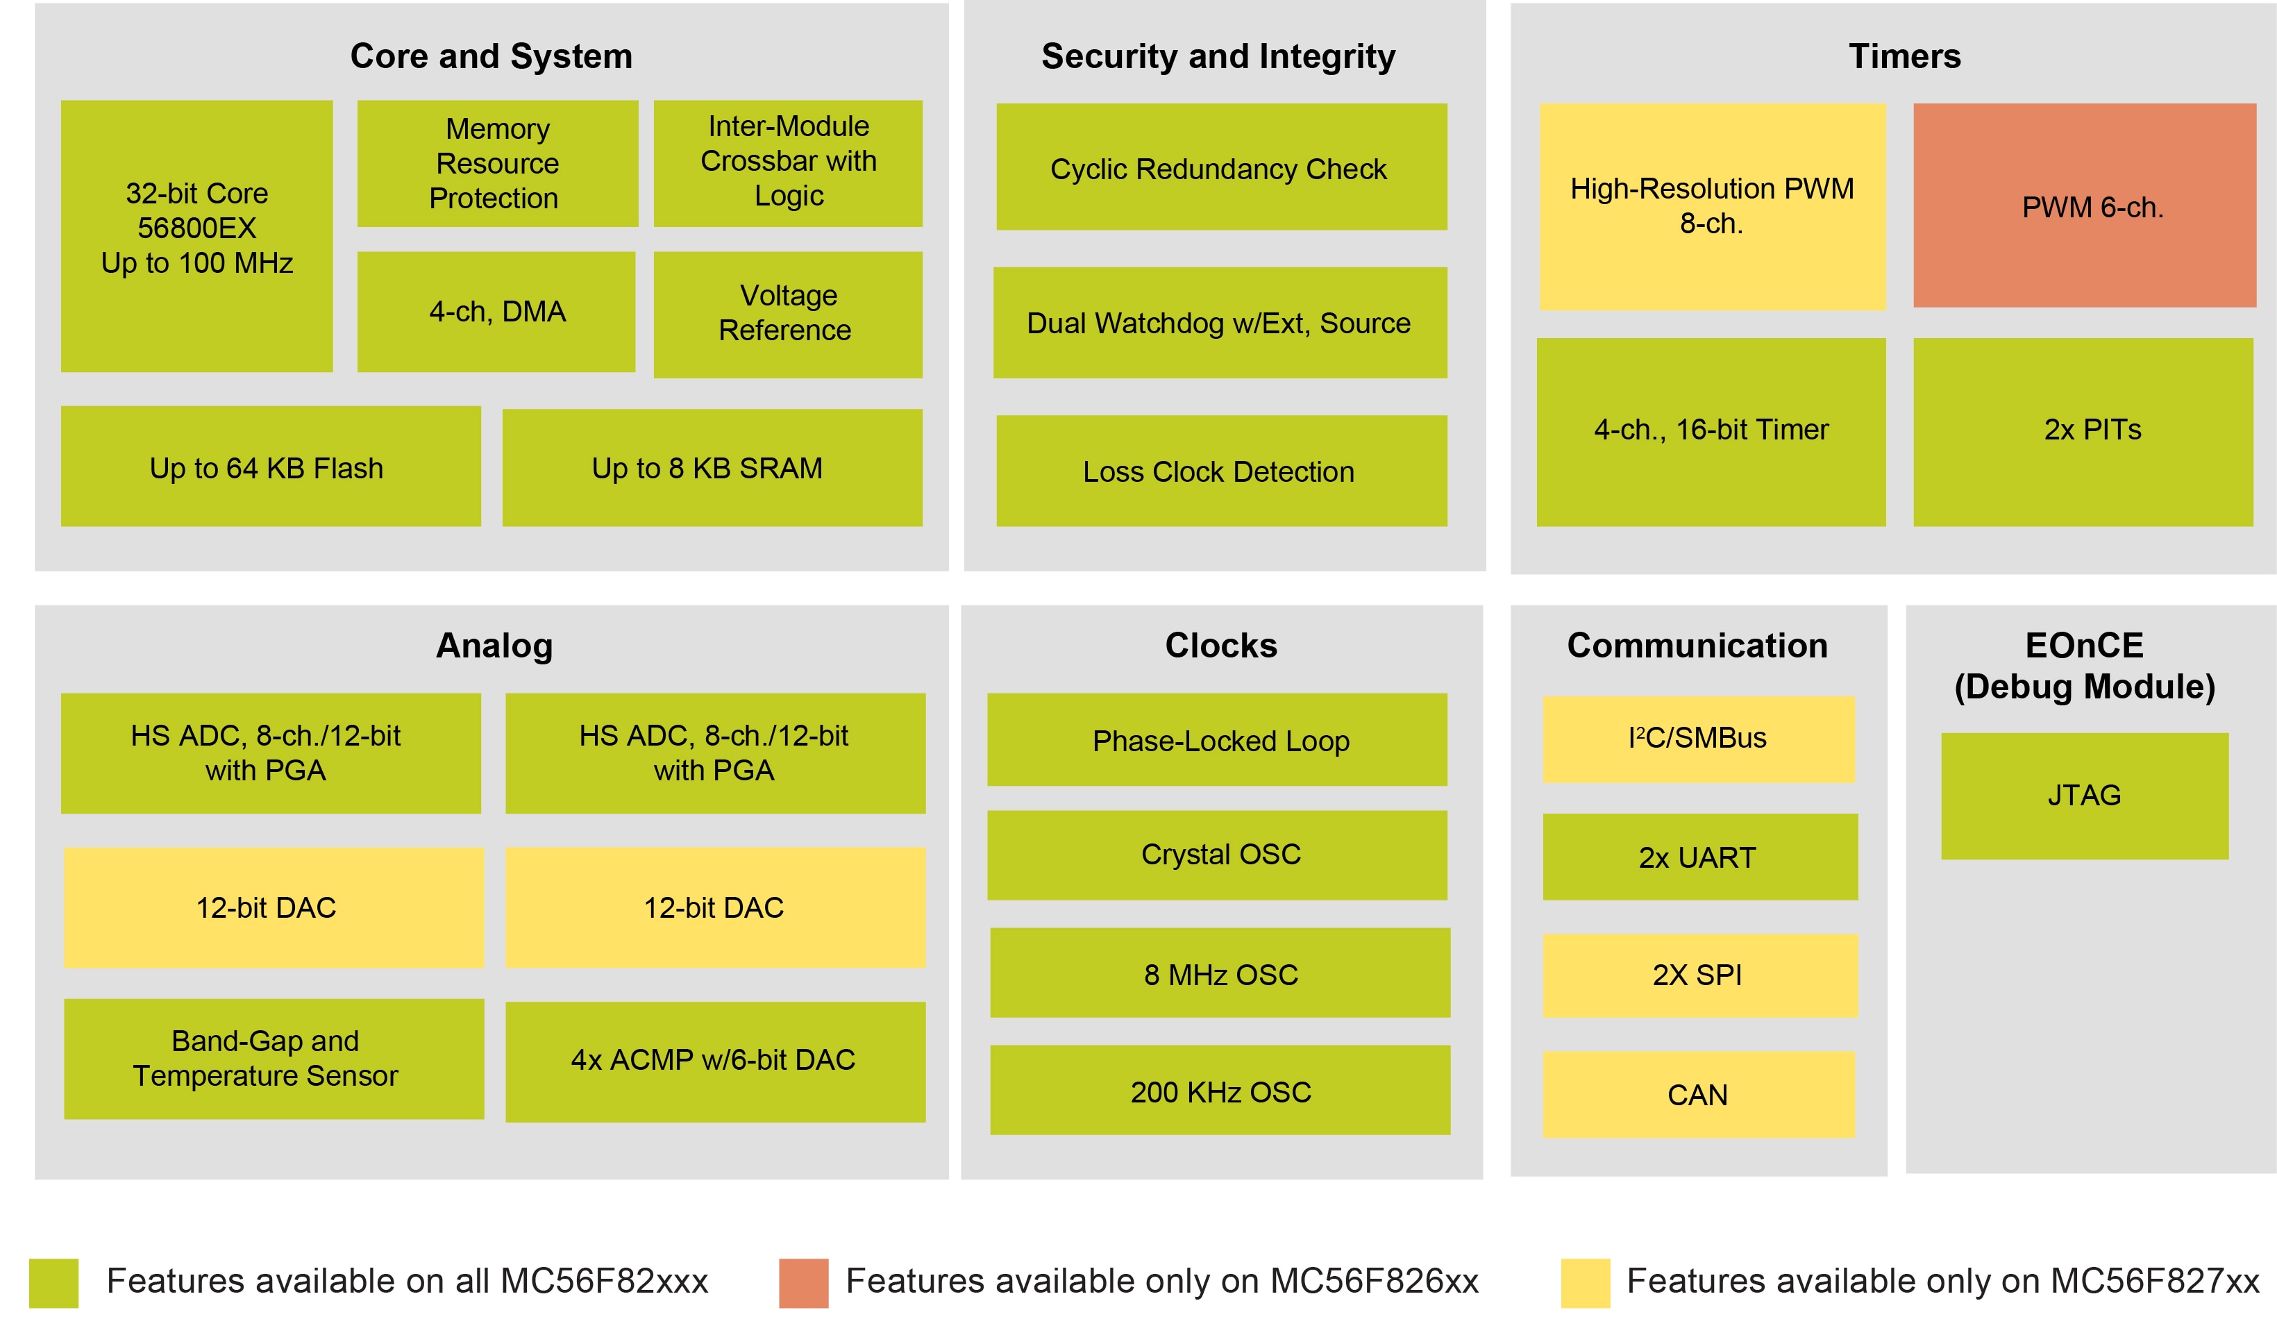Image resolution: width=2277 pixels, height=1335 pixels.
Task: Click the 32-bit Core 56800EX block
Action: pos(197,236)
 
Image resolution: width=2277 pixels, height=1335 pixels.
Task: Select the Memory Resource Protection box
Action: pos(497,164)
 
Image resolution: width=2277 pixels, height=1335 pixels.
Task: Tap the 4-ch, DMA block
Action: pos(496,312)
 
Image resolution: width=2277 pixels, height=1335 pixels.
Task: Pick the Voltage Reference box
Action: pos(787,314)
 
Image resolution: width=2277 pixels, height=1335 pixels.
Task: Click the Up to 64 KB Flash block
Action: pos(270,467)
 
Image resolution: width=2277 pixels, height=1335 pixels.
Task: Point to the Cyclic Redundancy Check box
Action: pos(1220,167)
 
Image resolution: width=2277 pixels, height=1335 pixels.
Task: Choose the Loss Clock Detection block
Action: pos(1220,471)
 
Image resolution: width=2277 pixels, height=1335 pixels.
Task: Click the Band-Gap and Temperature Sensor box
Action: pos(274,1059)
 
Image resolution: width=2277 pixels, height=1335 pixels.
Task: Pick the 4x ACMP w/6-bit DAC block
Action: pos(715,1061)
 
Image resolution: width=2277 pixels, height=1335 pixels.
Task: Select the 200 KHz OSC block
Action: pos(1220,1090)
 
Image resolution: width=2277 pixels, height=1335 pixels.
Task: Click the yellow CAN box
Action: pos(1698,1095)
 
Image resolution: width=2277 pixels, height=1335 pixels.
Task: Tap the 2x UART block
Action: pos(1699,857)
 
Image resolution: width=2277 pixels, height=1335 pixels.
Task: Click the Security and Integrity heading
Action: pos(1218,56)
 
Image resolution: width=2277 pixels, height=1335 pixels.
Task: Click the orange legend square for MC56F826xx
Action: pos(803,1282)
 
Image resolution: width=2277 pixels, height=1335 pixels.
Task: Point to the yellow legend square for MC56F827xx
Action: pos(1585,1282)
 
